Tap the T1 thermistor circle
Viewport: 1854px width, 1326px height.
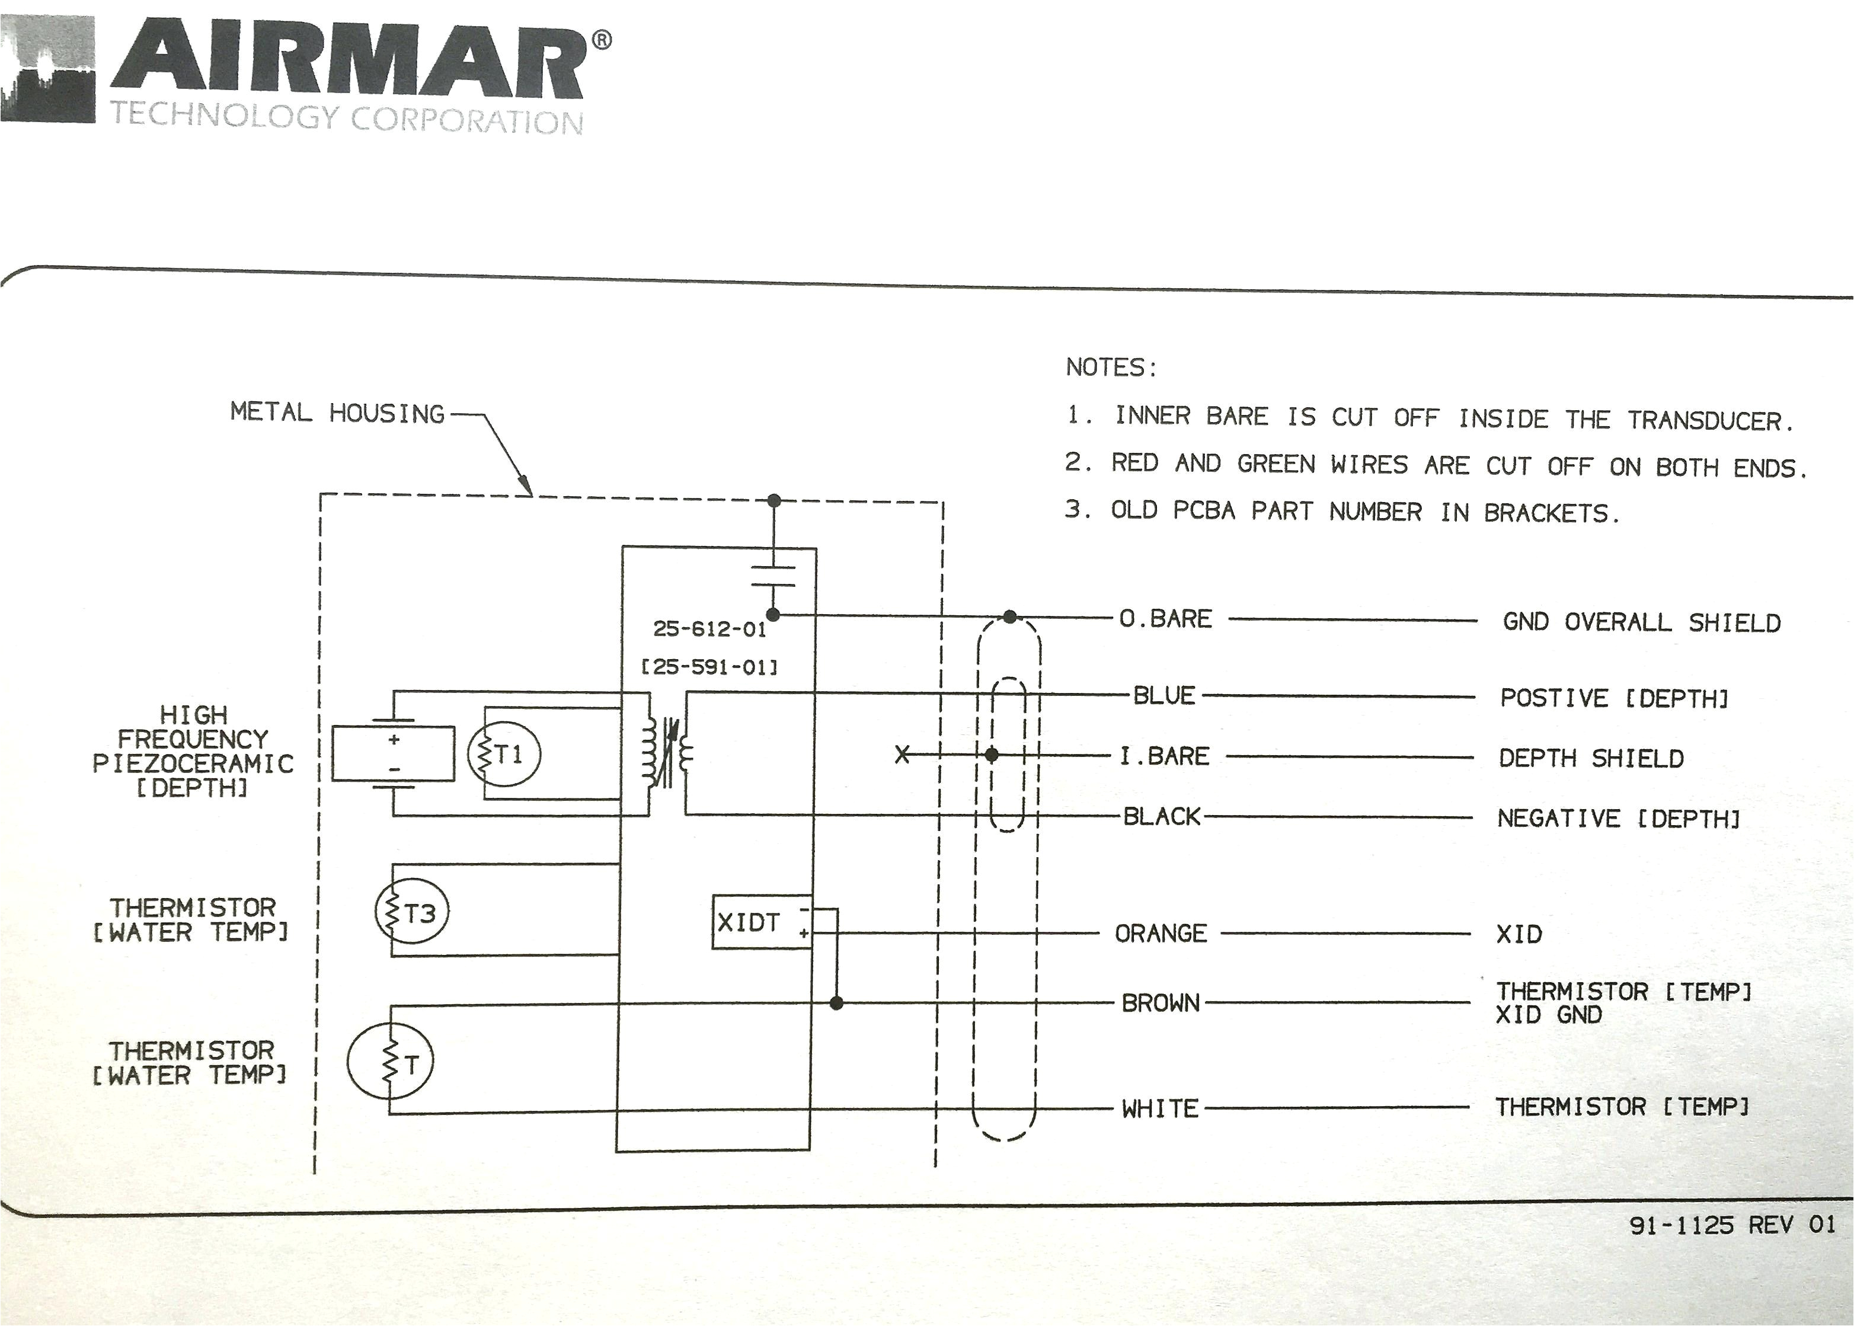click(504, 753)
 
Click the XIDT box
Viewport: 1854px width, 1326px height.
click(761, 923)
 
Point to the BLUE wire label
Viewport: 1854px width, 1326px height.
click(1164, 696)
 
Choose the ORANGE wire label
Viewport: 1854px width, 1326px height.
click(1160, 933)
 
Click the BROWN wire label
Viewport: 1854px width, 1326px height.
click(1160, 1003)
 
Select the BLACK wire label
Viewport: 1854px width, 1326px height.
click(1162, 816)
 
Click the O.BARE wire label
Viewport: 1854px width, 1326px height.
click(1165, 619)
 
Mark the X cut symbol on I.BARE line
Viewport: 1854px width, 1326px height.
click(902, 755)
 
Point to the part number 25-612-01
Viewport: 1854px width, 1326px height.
click(709, 629)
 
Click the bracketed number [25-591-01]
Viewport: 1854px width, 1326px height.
click(709, 667)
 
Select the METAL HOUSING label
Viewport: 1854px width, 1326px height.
click(337, 413)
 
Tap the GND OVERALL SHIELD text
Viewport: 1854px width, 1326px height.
click(1641, 622)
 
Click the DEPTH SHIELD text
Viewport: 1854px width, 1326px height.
click(1590, 759)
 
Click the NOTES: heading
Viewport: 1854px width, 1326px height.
click(1111, 368)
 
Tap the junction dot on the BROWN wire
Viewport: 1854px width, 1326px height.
click(836, 1003)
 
